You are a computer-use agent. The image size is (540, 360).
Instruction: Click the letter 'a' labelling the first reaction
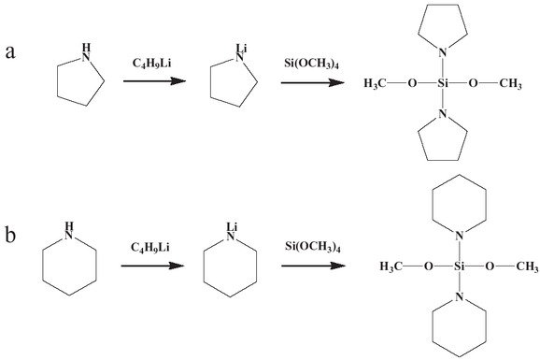pos(11,50)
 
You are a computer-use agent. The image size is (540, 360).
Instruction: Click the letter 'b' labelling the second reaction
pos(11,231)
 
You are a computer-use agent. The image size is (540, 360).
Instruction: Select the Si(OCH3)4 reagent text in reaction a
pos(310,62)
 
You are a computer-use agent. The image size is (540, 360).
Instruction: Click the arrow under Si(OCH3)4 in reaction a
pos(310,81)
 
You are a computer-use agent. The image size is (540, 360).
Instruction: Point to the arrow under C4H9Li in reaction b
pos(152,266)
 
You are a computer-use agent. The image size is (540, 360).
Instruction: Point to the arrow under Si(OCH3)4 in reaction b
pos(310,266)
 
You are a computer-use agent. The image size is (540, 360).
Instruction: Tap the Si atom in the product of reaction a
pos(444,83)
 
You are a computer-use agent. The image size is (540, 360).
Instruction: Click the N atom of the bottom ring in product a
pos(444,116)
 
